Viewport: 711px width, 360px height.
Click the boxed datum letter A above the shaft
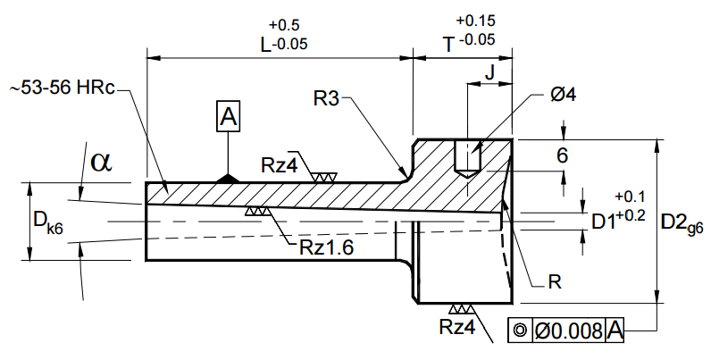[x=228, y=117]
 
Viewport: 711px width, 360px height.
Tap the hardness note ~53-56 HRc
[x=63, y=88]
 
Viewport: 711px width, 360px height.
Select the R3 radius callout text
[x=327, y=98]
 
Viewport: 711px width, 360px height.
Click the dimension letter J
[x=489, y=72]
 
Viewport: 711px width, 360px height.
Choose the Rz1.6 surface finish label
[x=326, y=247]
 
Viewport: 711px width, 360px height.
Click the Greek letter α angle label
[x=101, y=162]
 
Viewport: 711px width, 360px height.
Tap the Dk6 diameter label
[x=48, y=222]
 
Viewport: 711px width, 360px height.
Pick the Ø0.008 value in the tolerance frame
[x=569, y=331]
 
